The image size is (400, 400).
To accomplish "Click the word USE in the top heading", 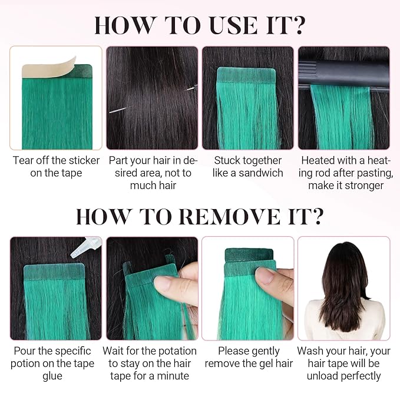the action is (x=233, y=25).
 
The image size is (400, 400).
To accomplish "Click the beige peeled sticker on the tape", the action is (x=49, y=68).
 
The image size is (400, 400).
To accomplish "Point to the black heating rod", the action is (x=344, y=74).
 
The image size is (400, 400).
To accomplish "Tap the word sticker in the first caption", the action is (x=84, y=160).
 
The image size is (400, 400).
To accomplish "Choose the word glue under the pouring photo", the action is (x=52, y=376).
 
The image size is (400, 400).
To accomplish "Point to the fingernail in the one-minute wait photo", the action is (x=164, y=284).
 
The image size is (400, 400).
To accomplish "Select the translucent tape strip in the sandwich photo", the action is (x=246, y=75).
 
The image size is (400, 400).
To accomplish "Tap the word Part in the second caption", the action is (x=117, y=160).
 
